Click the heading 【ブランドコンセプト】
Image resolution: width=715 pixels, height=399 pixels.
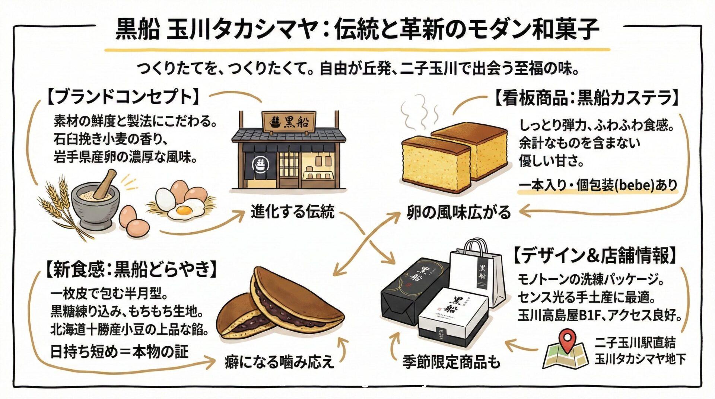click(123, 97)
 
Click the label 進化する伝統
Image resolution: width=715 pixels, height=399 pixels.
click(293, 212)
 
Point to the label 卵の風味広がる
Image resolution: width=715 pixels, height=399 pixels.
click(458, 213)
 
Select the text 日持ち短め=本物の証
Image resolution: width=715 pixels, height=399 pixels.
click(120, 351)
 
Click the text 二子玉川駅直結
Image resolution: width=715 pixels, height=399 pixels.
click(635, 343)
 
